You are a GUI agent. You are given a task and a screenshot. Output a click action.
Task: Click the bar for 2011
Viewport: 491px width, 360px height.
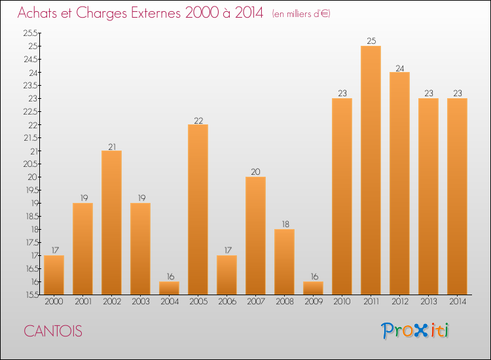pyautogui.click(x=371, y=170)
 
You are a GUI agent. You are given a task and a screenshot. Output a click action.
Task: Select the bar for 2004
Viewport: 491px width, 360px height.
pyautogui.click(x=169, y=288)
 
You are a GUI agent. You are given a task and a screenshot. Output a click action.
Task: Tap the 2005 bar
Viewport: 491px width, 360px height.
pyautogui.click(x=198, y=209)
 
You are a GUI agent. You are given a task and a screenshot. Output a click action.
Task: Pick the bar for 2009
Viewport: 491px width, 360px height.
pyautogui.click(x=313, y=288)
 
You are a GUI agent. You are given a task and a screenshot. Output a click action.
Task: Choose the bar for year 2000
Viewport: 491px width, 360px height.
pyautogui.click(x=54, y=275)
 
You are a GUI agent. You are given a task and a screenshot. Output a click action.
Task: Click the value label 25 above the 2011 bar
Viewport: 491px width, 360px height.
pyautogui.click(x=371, y=41)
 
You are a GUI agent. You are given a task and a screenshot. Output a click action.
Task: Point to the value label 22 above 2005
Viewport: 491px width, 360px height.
pyautogui.click(x=198, y=120)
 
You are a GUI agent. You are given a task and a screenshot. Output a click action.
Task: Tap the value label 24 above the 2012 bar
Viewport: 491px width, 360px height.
pyautogui.click(x=399, y=67)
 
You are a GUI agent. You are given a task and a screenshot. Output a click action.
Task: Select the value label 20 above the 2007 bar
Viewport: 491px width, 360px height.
pyautogui.click(x=255, y=172)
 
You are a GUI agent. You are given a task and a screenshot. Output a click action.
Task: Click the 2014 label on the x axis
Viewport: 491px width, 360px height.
pyautogui.click(x=457, y=302)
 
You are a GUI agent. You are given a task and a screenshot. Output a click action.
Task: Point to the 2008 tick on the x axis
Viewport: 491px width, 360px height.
pyautogui.click(x=284, y=302)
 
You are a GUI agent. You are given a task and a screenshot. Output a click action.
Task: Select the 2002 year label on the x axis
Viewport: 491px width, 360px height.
pyautogui.click(x=111, y=302)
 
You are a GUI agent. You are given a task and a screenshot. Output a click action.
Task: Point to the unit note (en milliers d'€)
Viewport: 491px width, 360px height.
pyautogui.click(x=300, y=14)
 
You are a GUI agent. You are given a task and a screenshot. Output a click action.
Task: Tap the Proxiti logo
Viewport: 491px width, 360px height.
pyautogui.click(x=415, y=331)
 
